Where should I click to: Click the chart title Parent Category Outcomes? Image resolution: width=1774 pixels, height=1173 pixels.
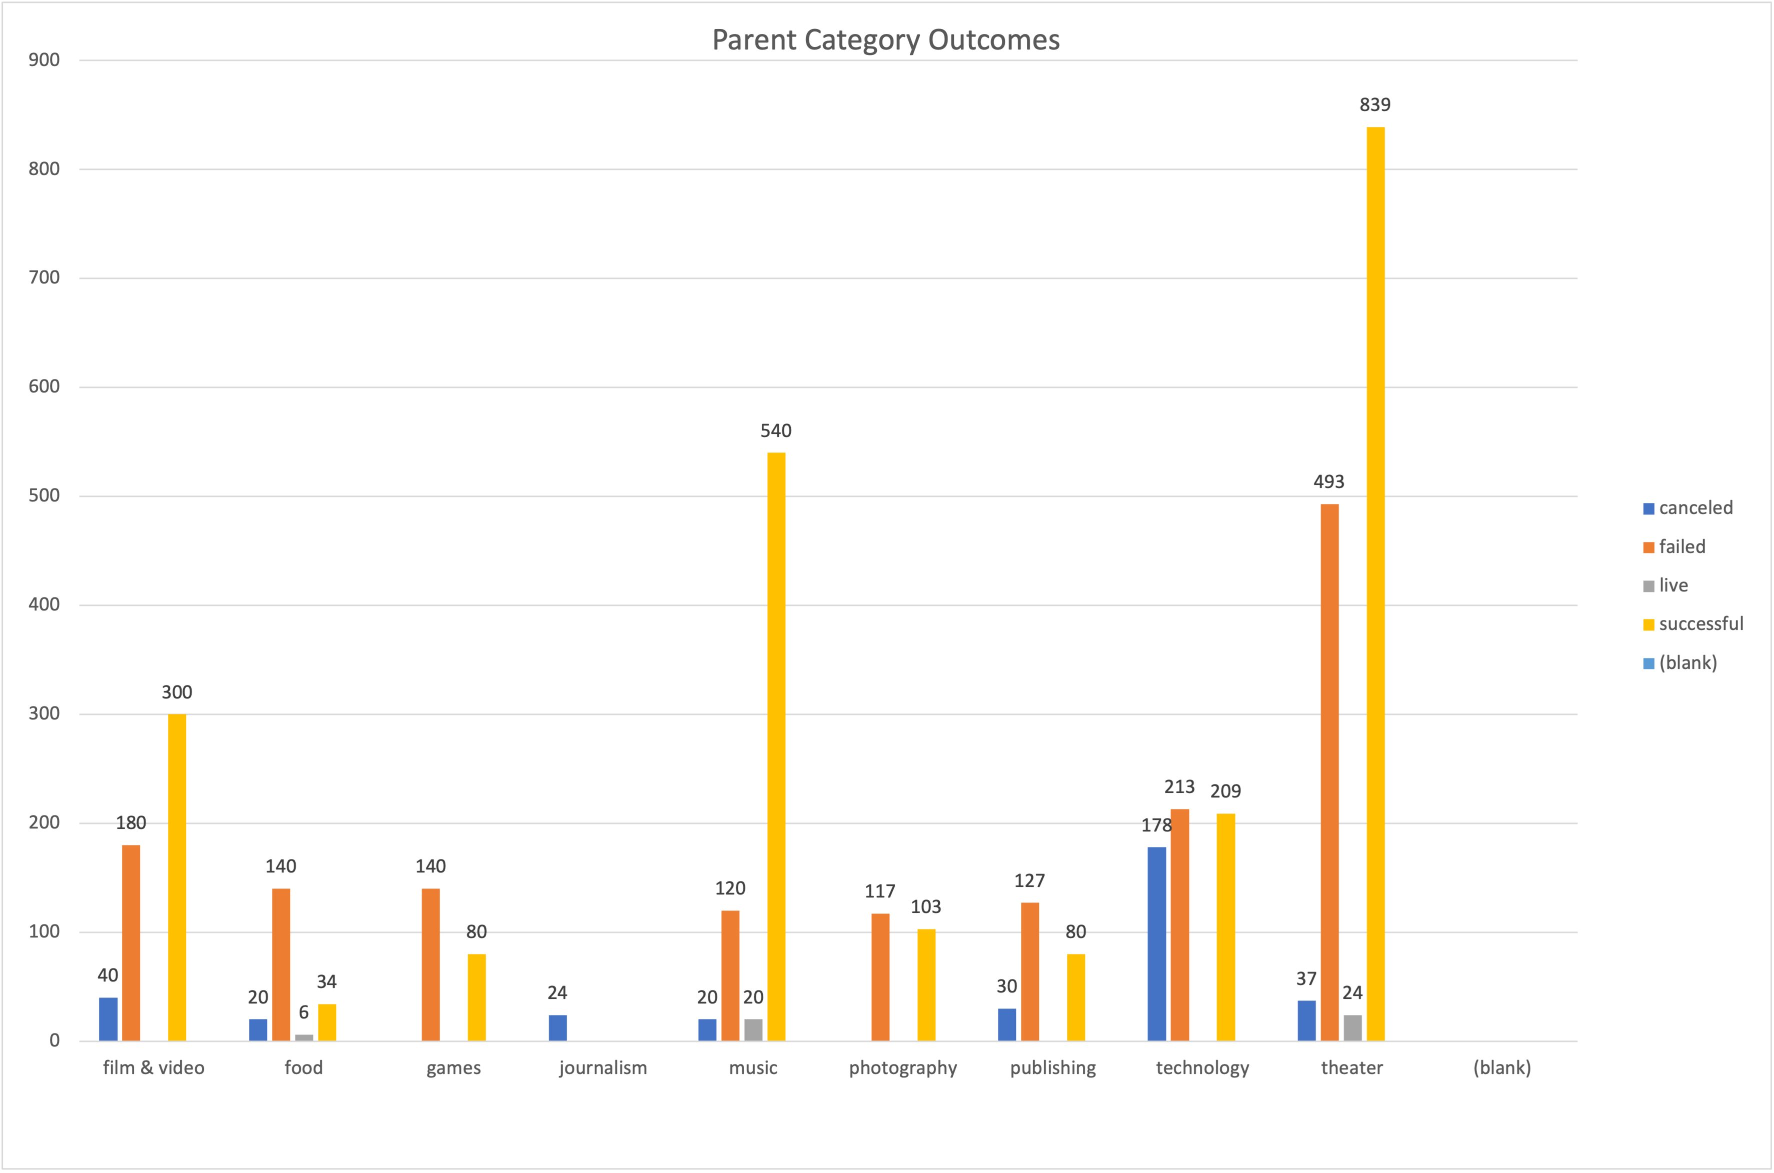(x=886, y=39)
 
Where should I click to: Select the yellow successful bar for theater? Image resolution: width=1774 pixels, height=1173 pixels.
(x=1375, y=583)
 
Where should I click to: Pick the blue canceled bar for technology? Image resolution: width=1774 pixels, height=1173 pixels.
(x=1157, y=943)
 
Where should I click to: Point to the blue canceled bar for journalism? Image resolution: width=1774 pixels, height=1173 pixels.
(x=558, y=1028)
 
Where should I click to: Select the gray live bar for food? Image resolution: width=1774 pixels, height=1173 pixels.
(x=304, y=1037)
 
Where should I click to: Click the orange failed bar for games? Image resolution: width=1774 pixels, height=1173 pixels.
(x=431, y=964)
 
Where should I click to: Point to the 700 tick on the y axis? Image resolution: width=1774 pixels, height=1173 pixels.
(x=44, y=277)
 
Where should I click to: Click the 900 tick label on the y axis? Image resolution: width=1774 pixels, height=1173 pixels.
(x=44, y=60)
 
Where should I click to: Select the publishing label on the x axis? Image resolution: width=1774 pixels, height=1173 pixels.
(x=1053, y=1067)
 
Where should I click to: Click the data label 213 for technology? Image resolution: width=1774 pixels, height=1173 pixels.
(x=1179, y=787)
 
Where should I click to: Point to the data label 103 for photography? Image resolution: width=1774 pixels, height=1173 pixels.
(x=926, y=906)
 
